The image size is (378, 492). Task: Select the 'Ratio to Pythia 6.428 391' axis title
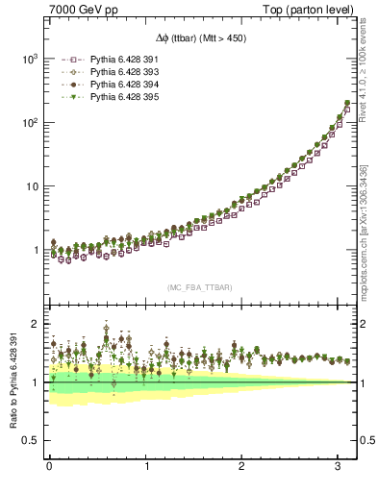coord(13,381)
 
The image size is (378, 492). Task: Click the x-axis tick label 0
coord(49,468)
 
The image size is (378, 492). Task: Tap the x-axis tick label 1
coord(146,468)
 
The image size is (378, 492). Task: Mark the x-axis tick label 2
coord(242,468)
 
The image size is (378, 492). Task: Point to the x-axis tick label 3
coord(339,468)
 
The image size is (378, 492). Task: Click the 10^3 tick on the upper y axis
coord(29,60)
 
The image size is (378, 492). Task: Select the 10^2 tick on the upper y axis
coord(29,123)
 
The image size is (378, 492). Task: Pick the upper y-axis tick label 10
coord(31,186)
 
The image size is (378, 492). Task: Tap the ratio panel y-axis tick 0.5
coord(30,440)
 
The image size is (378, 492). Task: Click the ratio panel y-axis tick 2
coord(35,325)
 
